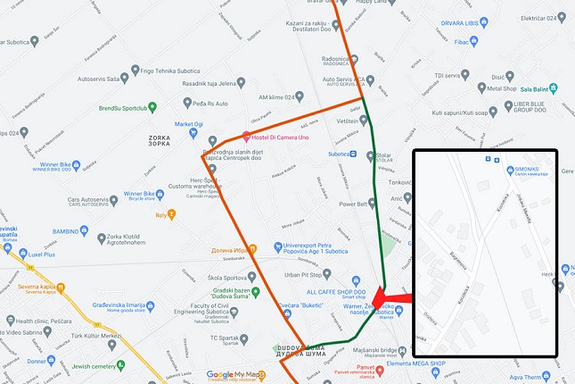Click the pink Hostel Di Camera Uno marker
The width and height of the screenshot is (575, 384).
[x=247, y=136]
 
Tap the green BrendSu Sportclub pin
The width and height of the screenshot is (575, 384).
[x=152, y=107]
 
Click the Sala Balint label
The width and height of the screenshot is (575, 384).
[x=538, y=88]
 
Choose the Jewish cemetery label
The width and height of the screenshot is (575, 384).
[x=81, y=366]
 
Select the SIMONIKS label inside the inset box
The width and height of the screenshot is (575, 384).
[x=530, y=169]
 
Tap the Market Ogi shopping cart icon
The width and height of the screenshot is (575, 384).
[x=194, y=133]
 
